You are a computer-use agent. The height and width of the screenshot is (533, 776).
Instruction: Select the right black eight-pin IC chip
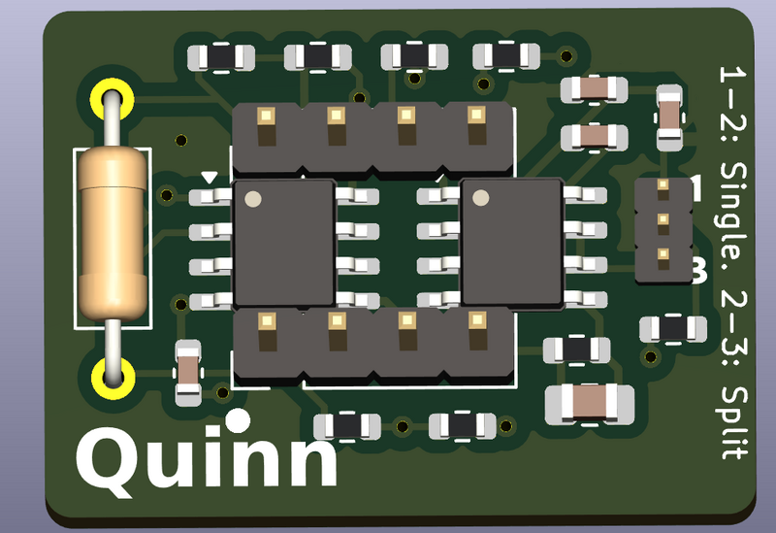512,243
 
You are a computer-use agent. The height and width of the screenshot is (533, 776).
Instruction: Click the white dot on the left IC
253,200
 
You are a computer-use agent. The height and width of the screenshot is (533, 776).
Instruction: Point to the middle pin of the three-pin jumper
663,220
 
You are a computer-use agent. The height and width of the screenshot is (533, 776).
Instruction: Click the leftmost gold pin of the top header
265,118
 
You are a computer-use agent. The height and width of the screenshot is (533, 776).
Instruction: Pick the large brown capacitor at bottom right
590,402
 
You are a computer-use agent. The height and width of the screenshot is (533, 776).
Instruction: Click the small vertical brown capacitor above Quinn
185,372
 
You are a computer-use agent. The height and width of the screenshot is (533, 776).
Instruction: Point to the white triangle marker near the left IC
210,177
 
